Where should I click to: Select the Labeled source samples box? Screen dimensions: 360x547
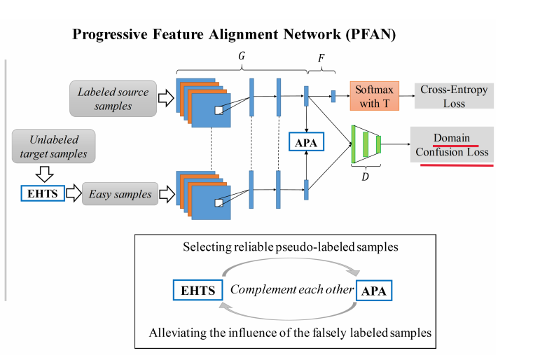point(112,99)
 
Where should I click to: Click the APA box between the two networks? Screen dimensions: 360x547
point(306,144)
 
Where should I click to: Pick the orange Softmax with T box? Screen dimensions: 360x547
point(374,97)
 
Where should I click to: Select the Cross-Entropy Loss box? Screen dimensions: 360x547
point(453,97)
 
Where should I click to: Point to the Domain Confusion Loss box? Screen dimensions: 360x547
point(452,145)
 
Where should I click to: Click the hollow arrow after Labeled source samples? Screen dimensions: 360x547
point(166,99)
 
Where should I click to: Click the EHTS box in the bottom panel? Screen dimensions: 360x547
point(198,290)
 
